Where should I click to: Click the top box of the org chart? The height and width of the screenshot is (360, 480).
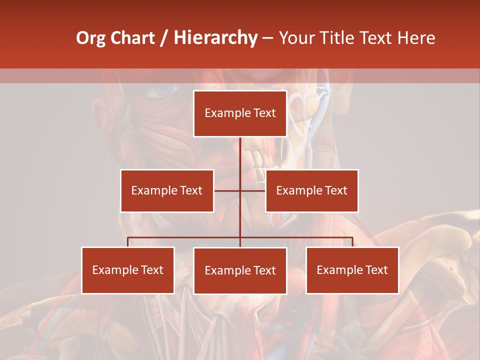coord(240,113)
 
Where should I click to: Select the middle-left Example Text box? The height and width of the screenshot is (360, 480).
coord(167,190)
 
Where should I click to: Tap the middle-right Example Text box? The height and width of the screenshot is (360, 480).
coord(311,190)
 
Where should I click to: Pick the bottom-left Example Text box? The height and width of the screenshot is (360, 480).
coord(128,270)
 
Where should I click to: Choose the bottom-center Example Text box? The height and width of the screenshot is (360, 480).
coord(240,270)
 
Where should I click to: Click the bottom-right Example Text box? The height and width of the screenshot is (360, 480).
coord(352,270)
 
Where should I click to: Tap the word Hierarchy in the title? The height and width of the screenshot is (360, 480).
coord(215,38)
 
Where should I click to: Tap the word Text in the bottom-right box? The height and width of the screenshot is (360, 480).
coord(376,270)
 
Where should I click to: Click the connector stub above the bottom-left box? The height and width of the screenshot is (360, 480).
coord(128,242)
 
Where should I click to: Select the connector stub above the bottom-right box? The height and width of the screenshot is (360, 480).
coord(352,242)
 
